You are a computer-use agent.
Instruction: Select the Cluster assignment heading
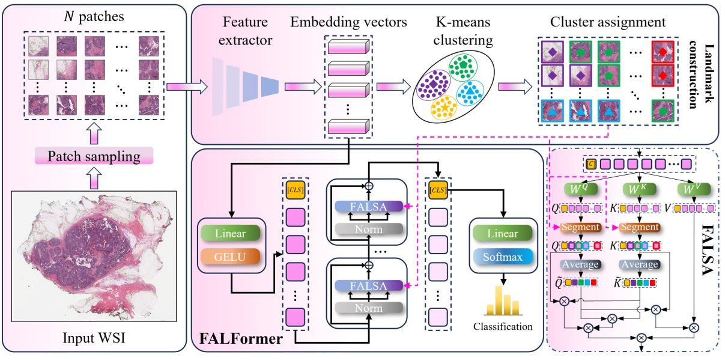pyautogui.click(x=608, y=23)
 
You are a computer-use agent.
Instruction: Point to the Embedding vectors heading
pyautogui.click(x=348, y=23)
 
